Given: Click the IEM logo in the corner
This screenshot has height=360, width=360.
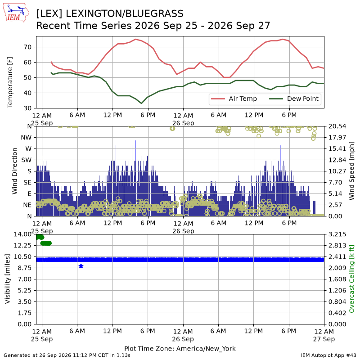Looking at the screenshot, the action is (x=16, y=13).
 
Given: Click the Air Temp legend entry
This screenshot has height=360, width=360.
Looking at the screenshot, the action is (x=234, y=99).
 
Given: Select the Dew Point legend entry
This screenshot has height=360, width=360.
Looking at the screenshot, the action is (x=294, y=99).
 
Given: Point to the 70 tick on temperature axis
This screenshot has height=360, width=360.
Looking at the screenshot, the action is (x=27, y=47).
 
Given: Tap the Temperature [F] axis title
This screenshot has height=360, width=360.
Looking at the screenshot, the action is (x=10, y=82).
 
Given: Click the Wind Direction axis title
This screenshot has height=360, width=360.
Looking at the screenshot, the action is (x=14, y=171).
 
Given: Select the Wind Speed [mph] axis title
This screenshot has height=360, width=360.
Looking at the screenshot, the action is (x=351, y=171).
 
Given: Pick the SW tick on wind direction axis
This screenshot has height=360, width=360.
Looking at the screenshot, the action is (x=27, y=160).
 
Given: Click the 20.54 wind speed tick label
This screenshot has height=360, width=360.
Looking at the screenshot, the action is (x=337, y=126).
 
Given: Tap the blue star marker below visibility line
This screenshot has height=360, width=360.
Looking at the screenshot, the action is (x=81, y=266).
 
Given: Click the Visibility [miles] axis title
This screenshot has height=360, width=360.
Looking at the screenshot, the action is (x=8, y=279).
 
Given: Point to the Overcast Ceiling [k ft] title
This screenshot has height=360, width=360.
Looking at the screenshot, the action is (x=352, y=279).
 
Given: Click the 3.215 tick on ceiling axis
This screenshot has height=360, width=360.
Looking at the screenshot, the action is (x=337, y=234).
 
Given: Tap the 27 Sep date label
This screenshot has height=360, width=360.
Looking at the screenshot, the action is (x=324, y=339).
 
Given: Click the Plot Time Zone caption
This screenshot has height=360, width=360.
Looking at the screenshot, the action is (x=180, y=349).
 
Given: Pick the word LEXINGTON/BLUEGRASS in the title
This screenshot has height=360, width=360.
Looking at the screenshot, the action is (x=125, y=14).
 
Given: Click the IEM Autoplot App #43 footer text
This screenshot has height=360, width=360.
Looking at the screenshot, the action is (x=328, y=355).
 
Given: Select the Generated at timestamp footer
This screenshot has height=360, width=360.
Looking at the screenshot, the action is (x=67, y=355).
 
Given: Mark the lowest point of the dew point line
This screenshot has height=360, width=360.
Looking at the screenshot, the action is (x=141, y=103).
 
